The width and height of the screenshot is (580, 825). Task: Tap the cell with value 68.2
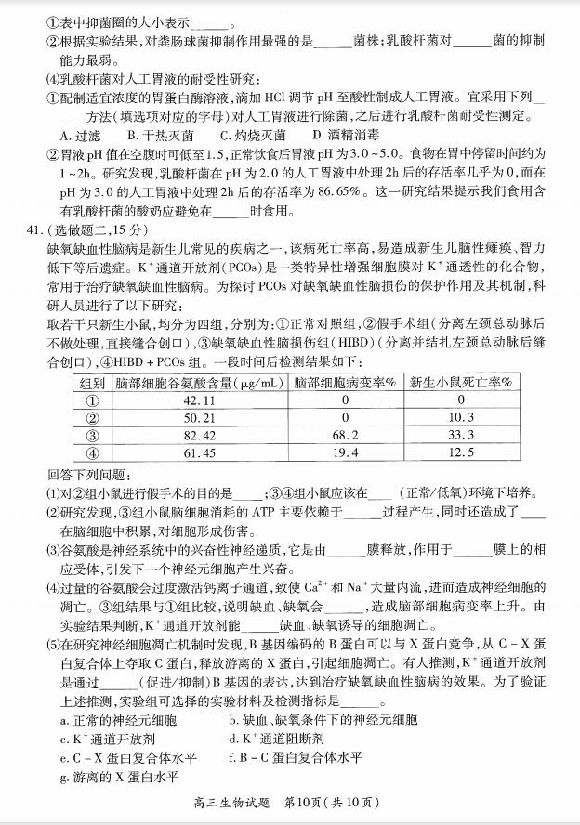tap(345, 435)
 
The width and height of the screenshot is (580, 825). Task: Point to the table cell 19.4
tap(345, 452)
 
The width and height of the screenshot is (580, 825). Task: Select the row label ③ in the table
tap(91, 435)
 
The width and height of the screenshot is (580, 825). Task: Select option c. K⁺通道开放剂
tap(107, 739)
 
